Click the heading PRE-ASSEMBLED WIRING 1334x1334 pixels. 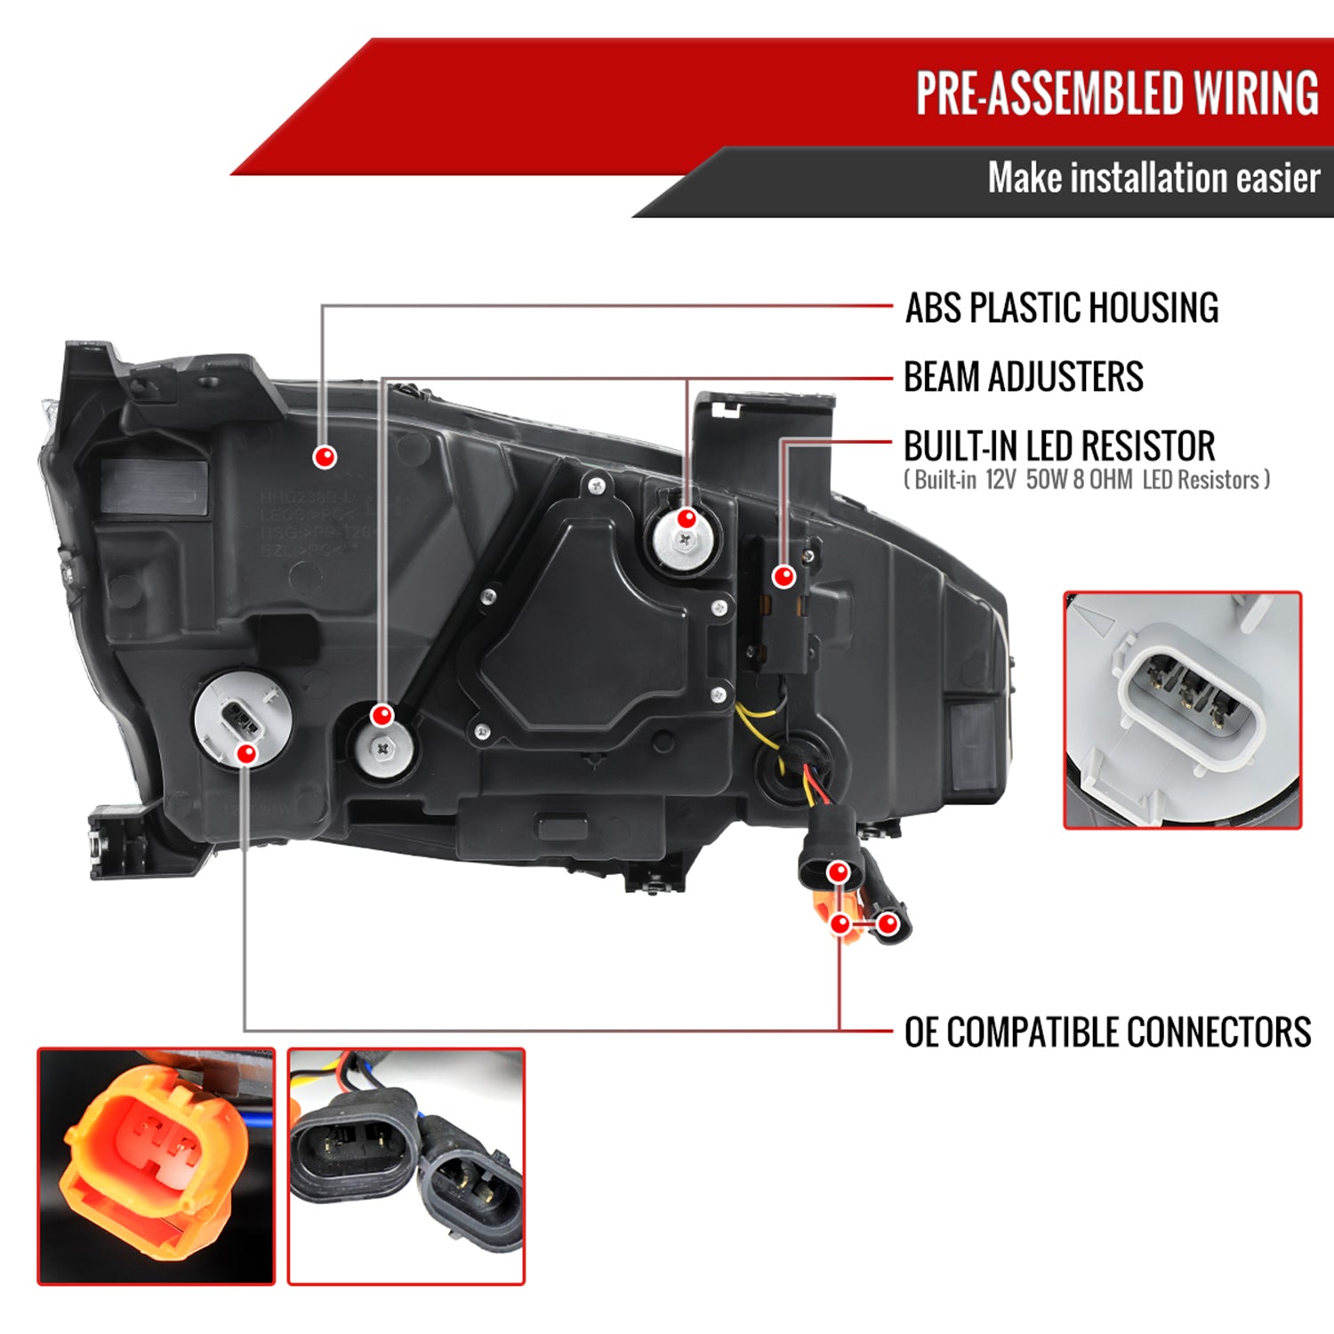[1117, 93]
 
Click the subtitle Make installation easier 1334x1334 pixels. [1153, 178]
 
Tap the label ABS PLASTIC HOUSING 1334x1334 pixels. [1062, 308]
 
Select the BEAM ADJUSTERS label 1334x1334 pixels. [1024, 377]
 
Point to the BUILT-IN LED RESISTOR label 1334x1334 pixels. [1059, 446]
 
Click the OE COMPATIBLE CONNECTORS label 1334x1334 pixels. [1107, 1033]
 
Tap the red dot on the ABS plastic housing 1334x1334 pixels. [325, 457]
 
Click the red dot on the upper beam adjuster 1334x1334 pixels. [687, 518]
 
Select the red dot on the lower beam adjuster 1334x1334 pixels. [382, 715]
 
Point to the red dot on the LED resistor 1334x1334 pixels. [784, 576]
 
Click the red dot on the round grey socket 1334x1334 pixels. [247, 754]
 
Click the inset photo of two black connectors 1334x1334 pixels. [406, 1166]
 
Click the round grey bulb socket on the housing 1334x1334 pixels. [233, 719]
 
